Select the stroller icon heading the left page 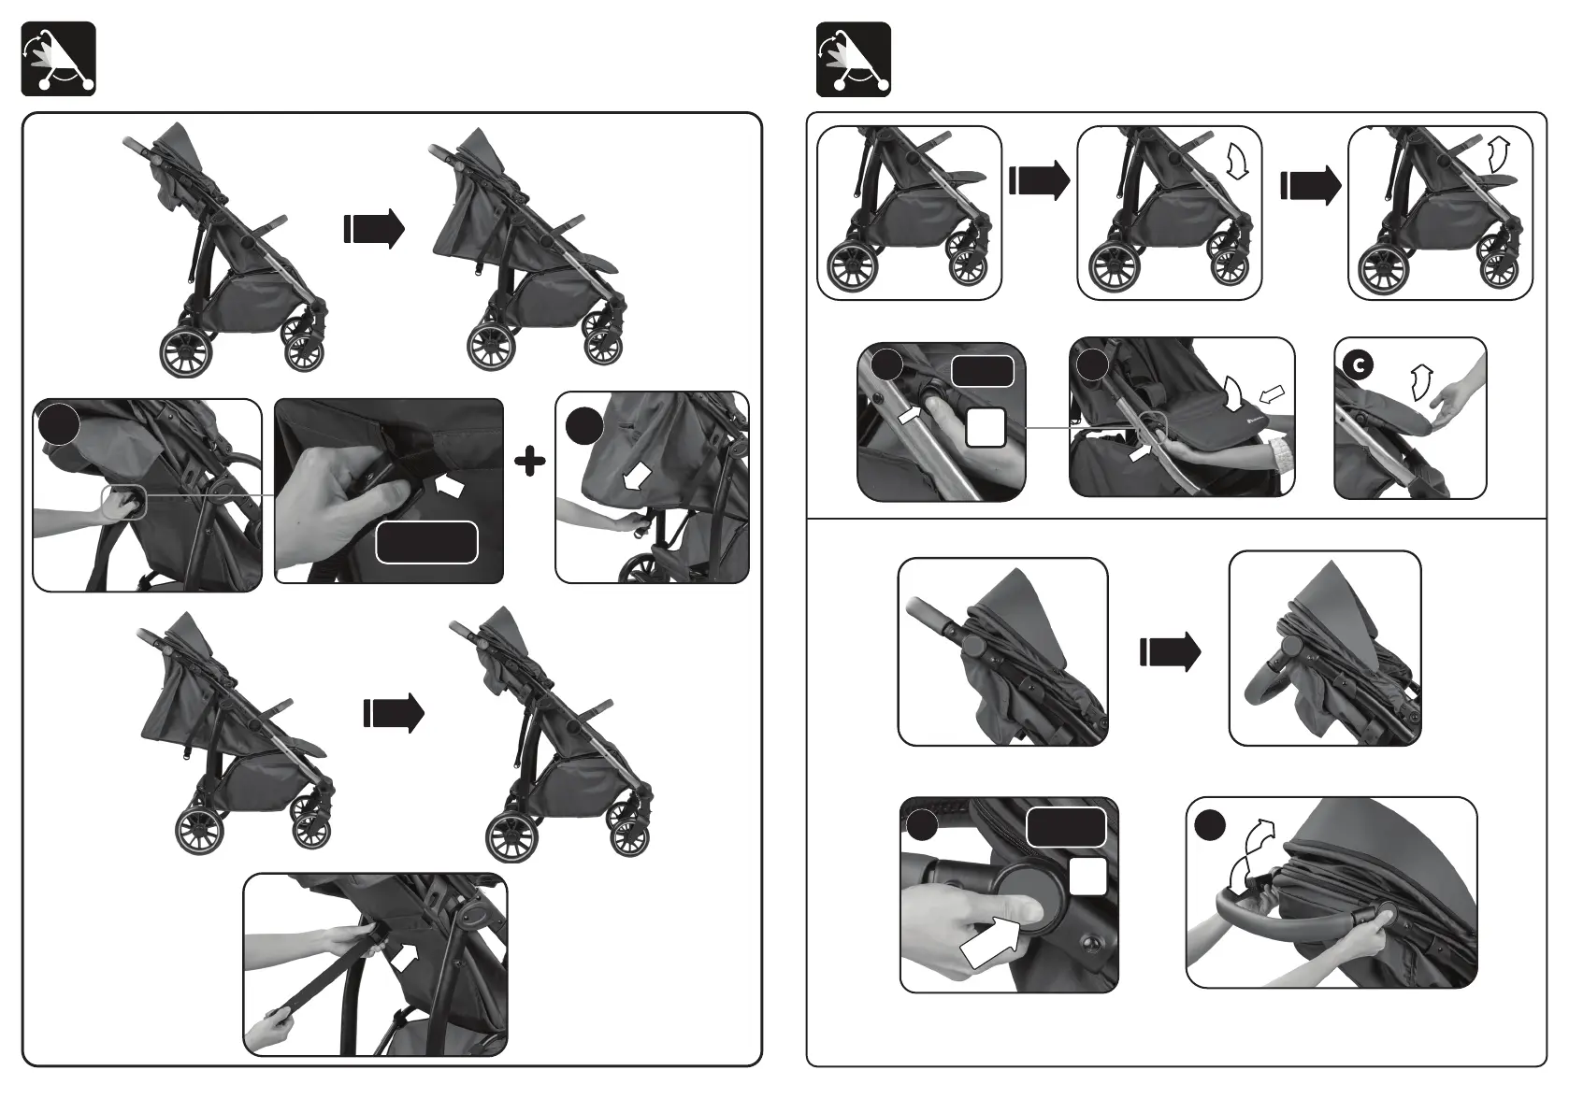58,58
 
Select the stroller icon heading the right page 853,60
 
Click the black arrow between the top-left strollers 374,229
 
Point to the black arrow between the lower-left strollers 394,714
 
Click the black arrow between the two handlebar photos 1170,651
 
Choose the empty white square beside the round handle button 1087,877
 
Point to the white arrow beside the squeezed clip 449,484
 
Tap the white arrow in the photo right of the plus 638,478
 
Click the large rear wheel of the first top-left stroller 187,350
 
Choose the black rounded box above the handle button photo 1066,826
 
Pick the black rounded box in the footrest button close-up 982,370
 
